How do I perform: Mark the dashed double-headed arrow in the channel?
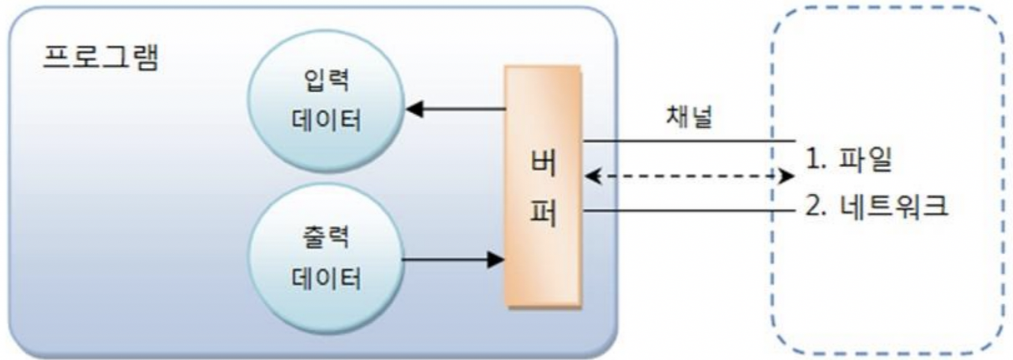click(689, 176)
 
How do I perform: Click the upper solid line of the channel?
click(681, 142)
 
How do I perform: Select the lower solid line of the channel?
click(681, 211)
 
